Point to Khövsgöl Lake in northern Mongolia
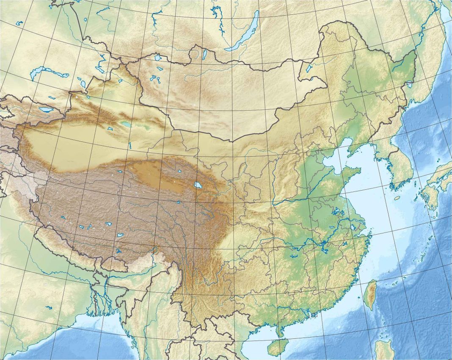[x=205, y=54]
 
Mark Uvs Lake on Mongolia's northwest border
[x=158, y=58]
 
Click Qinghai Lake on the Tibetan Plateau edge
[x=197, y=185]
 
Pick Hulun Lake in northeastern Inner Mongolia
[x=309, y=68]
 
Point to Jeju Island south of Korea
[x=397, y=198]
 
